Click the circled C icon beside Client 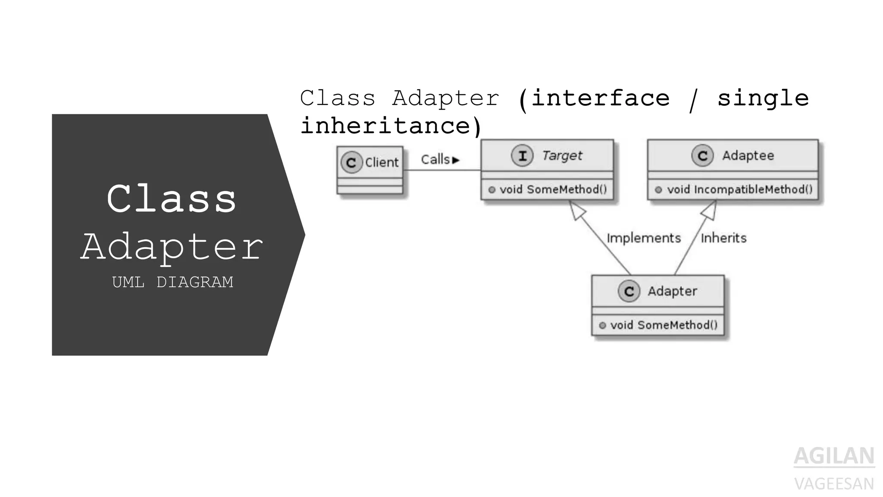click(351, 163)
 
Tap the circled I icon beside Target click(522, 156)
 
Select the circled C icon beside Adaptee click(702, 156)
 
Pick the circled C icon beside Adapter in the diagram click(629, 292)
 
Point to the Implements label click(643, 238)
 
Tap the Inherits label click(723, 238)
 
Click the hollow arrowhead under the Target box click(577, 210)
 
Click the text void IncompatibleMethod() click(739, 190)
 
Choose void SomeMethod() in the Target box click(553, 190)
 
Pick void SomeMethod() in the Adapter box click(664, 325)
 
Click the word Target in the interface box click(562, 156)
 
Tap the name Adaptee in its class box click(748, 156)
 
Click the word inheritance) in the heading click(391, 126)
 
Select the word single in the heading click(763, 98)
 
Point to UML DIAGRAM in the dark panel click(172, 282)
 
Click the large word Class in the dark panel click(172, 199)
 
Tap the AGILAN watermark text click(834, 456)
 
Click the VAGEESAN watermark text click(834, 484)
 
